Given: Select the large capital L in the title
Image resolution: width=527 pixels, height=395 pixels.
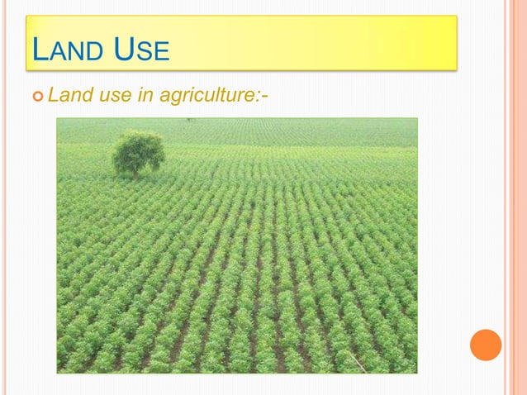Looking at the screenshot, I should coord(37,51).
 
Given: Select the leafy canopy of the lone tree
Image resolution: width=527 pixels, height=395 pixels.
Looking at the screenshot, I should coord(138,150).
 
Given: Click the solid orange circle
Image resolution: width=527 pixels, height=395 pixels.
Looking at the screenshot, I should coord(486,345).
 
